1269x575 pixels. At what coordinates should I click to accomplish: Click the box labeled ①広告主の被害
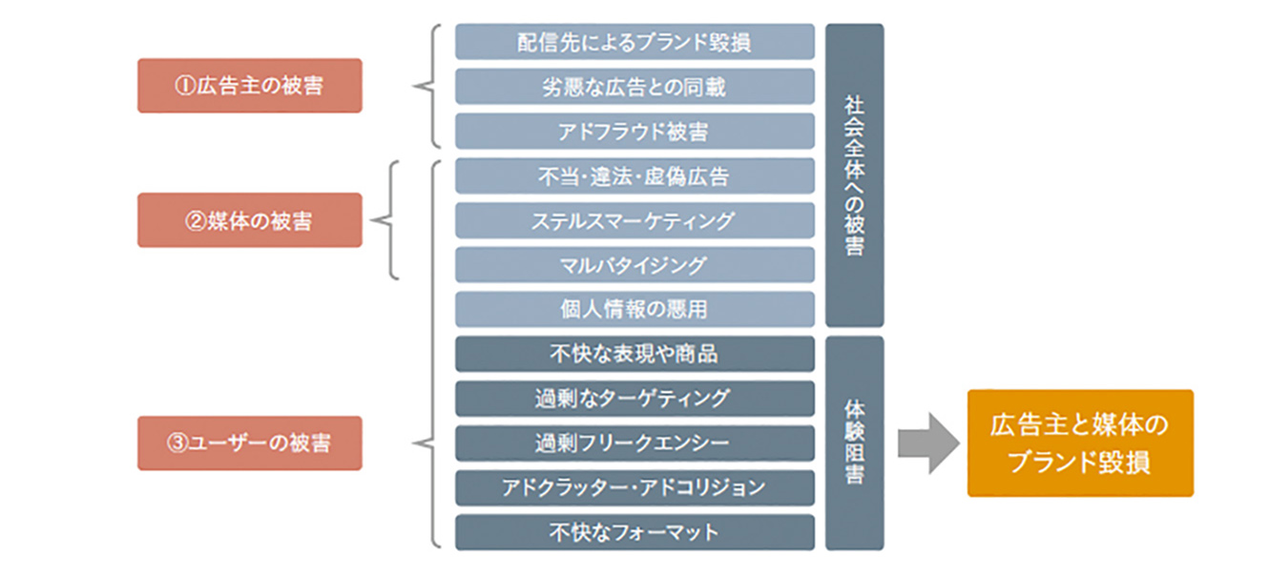(249, 86)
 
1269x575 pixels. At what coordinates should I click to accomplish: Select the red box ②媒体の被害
(249, 220)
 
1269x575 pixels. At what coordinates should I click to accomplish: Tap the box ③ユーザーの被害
(249, 443)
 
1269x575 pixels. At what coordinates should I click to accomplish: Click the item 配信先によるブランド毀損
(634, 42)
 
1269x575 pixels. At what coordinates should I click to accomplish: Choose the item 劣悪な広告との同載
(634, 87)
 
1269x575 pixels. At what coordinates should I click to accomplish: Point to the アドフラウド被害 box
(634, 132)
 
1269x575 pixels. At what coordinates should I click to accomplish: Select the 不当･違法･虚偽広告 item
(634, 176)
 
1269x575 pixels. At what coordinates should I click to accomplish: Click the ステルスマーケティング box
(634, 220)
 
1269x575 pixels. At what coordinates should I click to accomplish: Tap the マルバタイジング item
(634, 265)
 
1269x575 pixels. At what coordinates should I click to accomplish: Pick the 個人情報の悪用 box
(634, 310)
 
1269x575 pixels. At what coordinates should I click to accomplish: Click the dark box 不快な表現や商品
(634, 354)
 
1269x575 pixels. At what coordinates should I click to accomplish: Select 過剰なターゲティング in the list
(634, 399)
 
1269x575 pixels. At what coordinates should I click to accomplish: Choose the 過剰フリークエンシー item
(634, 443)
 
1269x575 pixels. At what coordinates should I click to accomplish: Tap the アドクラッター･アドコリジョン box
(634, 487)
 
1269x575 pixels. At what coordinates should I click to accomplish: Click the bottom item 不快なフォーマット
(634, 532)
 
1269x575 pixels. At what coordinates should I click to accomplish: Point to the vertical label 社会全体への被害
(854, 175)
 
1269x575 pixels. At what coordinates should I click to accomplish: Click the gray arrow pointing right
(926, 443)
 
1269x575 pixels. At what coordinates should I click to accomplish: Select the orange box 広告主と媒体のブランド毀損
(1080, 443)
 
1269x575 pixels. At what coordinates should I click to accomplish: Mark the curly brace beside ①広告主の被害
(426, 87)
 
